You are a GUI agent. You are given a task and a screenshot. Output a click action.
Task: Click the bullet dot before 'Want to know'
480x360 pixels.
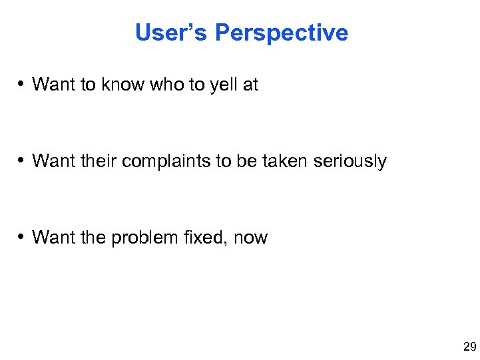22,85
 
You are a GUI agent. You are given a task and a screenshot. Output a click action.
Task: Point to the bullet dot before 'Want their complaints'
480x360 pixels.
22,161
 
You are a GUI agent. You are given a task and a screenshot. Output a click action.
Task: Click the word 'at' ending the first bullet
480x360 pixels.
250,85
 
